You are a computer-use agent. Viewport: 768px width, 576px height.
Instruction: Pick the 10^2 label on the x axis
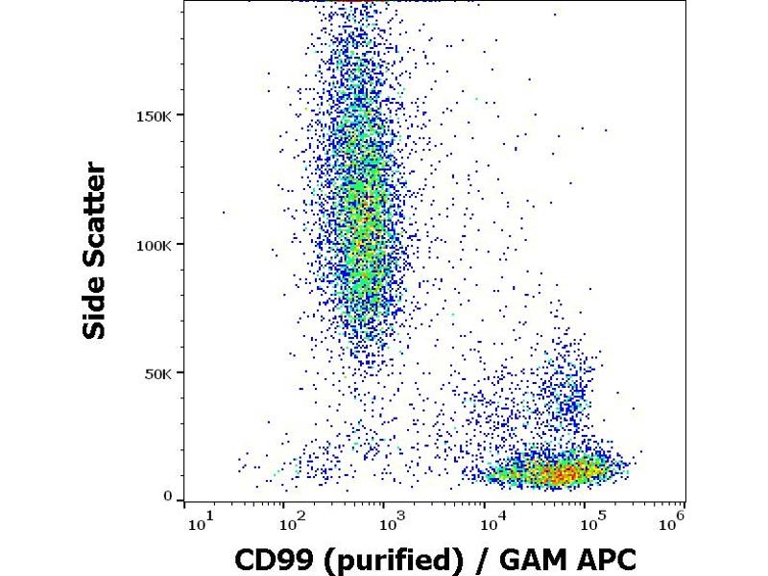coord(292,522)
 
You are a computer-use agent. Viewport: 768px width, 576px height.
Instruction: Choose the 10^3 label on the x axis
coord(392,522)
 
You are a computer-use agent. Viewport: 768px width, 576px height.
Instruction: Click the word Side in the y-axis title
coord(95,304)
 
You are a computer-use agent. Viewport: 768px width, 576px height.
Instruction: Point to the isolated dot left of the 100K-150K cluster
coord(224,212)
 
